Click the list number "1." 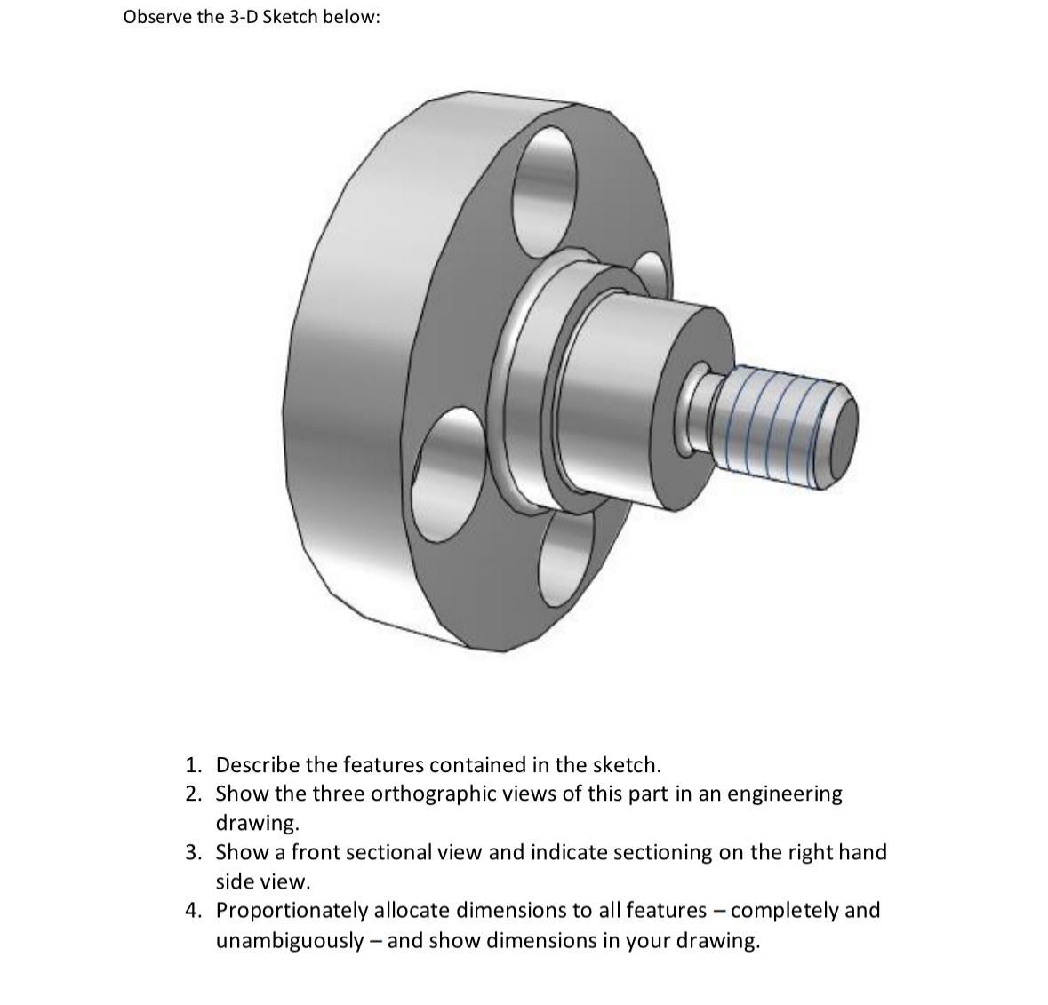[x=194, y=765]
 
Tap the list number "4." [x=194, y=911]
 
